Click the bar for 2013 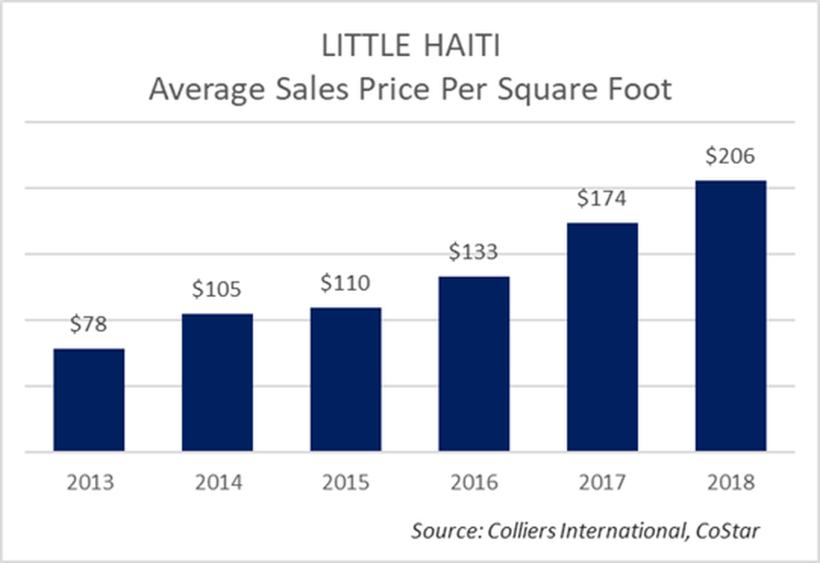[x=89, y=400]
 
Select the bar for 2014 [x=217, y=383]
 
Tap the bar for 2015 [x=346, y=380]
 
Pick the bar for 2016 [x=474, y=364]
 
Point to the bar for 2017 [x=602, y=337]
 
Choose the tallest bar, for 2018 [x=731, y=316]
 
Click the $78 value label [x=88, y=324]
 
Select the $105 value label [x=217, y=289]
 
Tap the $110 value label [x=345, y=283]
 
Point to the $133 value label [x=473, y=252]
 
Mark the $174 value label [x=602, y=198]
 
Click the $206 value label [x=731, y=156]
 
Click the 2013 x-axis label [x=90, y=482]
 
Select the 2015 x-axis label [x=346, y=482]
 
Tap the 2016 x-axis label [x=474, y=482]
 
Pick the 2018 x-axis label [x=731, y=482]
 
